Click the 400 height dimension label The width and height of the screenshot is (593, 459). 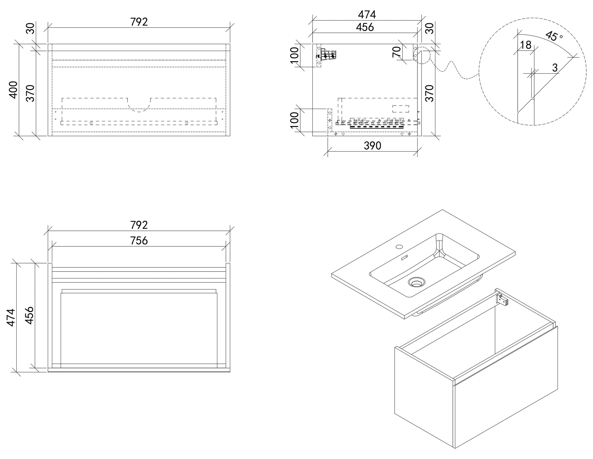tap(13, 90)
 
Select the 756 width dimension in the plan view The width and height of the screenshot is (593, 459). tap(139, 241)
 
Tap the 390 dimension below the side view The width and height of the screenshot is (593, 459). tap(373, 146)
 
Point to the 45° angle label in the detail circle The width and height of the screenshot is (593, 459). tap(554, 36)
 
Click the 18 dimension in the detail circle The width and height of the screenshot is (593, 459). tap(526, 45)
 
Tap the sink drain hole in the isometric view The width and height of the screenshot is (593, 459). tap(416, 282)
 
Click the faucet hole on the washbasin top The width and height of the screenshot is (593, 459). tap(399, 247)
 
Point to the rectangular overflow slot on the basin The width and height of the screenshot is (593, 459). tap(405, 257)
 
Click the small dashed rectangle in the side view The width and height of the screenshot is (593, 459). tap(400, 109)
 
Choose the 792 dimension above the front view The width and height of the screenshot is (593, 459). tap(139, 22)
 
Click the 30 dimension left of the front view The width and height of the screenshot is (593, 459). tap(31, 28)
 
